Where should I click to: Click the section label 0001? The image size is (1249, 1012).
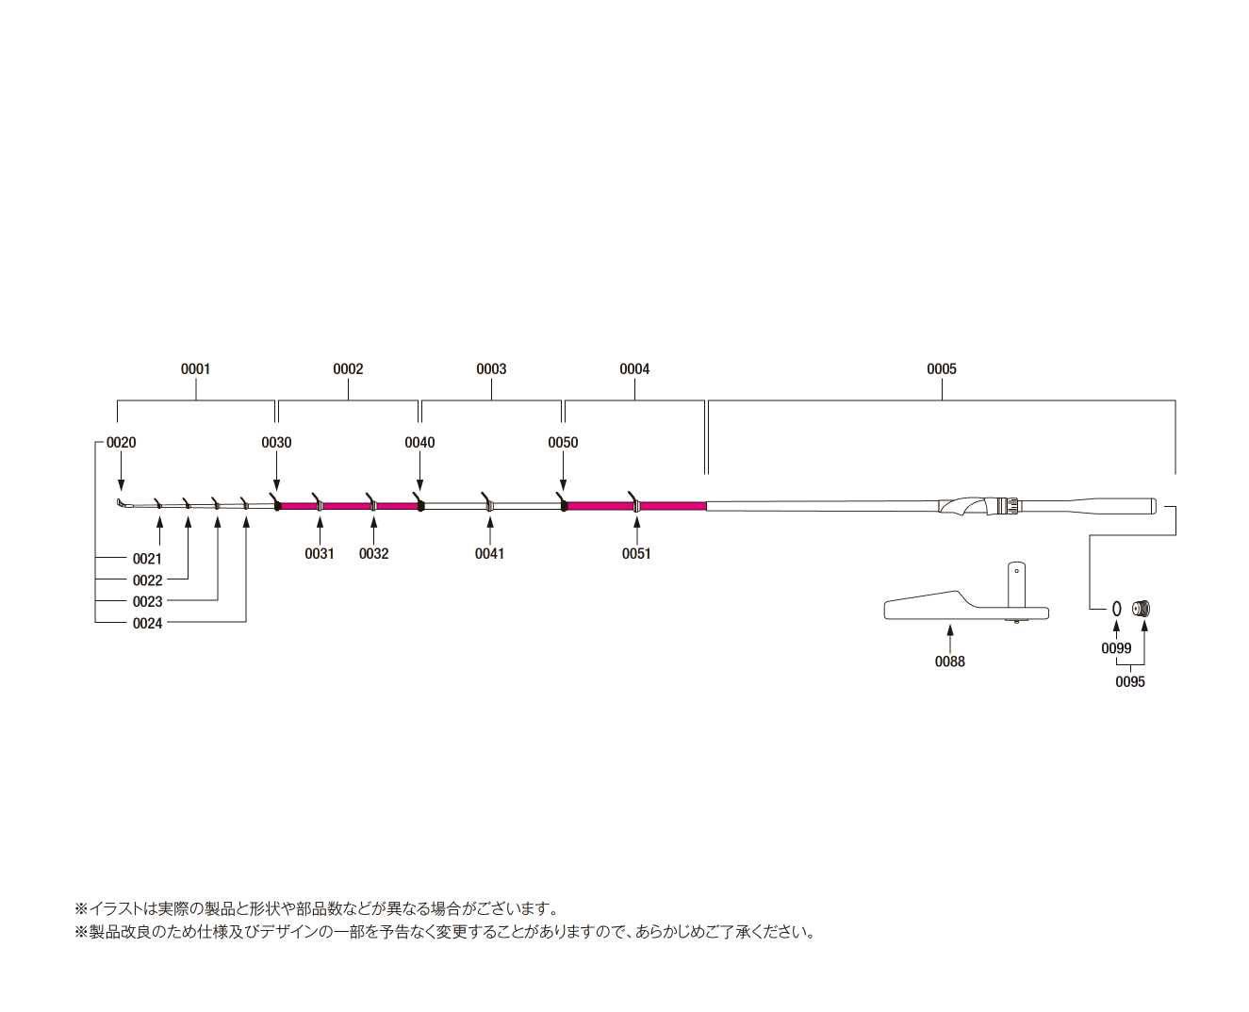click(195, 369)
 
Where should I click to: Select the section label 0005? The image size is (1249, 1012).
click(941, 369)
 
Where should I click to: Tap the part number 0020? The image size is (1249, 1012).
click(121, 443)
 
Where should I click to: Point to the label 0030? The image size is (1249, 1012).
click(276, 443)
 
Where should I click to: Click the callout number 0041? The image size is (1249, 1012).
click(489, 554)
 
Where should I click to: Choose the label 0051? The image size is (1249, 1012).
click(636, 554)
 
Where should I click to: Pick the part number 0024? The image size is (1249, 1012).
click(147, 623)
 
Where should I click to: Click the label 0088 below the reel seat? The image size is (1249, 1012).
click(949, 661)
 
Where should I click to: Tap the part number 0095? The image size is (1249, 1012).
click(1129, 681)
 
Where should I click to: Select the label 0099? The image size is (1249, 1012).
click(1116, 648)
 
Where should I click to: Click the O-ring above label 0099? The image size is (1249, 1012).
click(1117, 609)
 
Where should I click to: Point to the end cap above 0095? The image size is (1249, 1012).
click(1142, 608)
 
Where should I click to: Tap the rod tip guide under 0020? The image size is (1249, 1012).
click(121, 504)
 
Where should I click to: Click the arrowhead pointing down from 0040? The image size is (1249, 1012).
click(419, 484)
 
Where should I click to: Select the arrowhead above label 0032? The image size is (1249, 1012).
click(374, 521)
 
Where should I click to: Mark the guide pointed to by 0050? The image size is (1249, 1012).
click(563, 503)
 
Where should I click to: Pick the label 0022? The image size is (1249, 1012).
click(147, 580)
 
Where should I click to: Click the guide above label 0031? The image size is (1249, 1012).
click(320, 503)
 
